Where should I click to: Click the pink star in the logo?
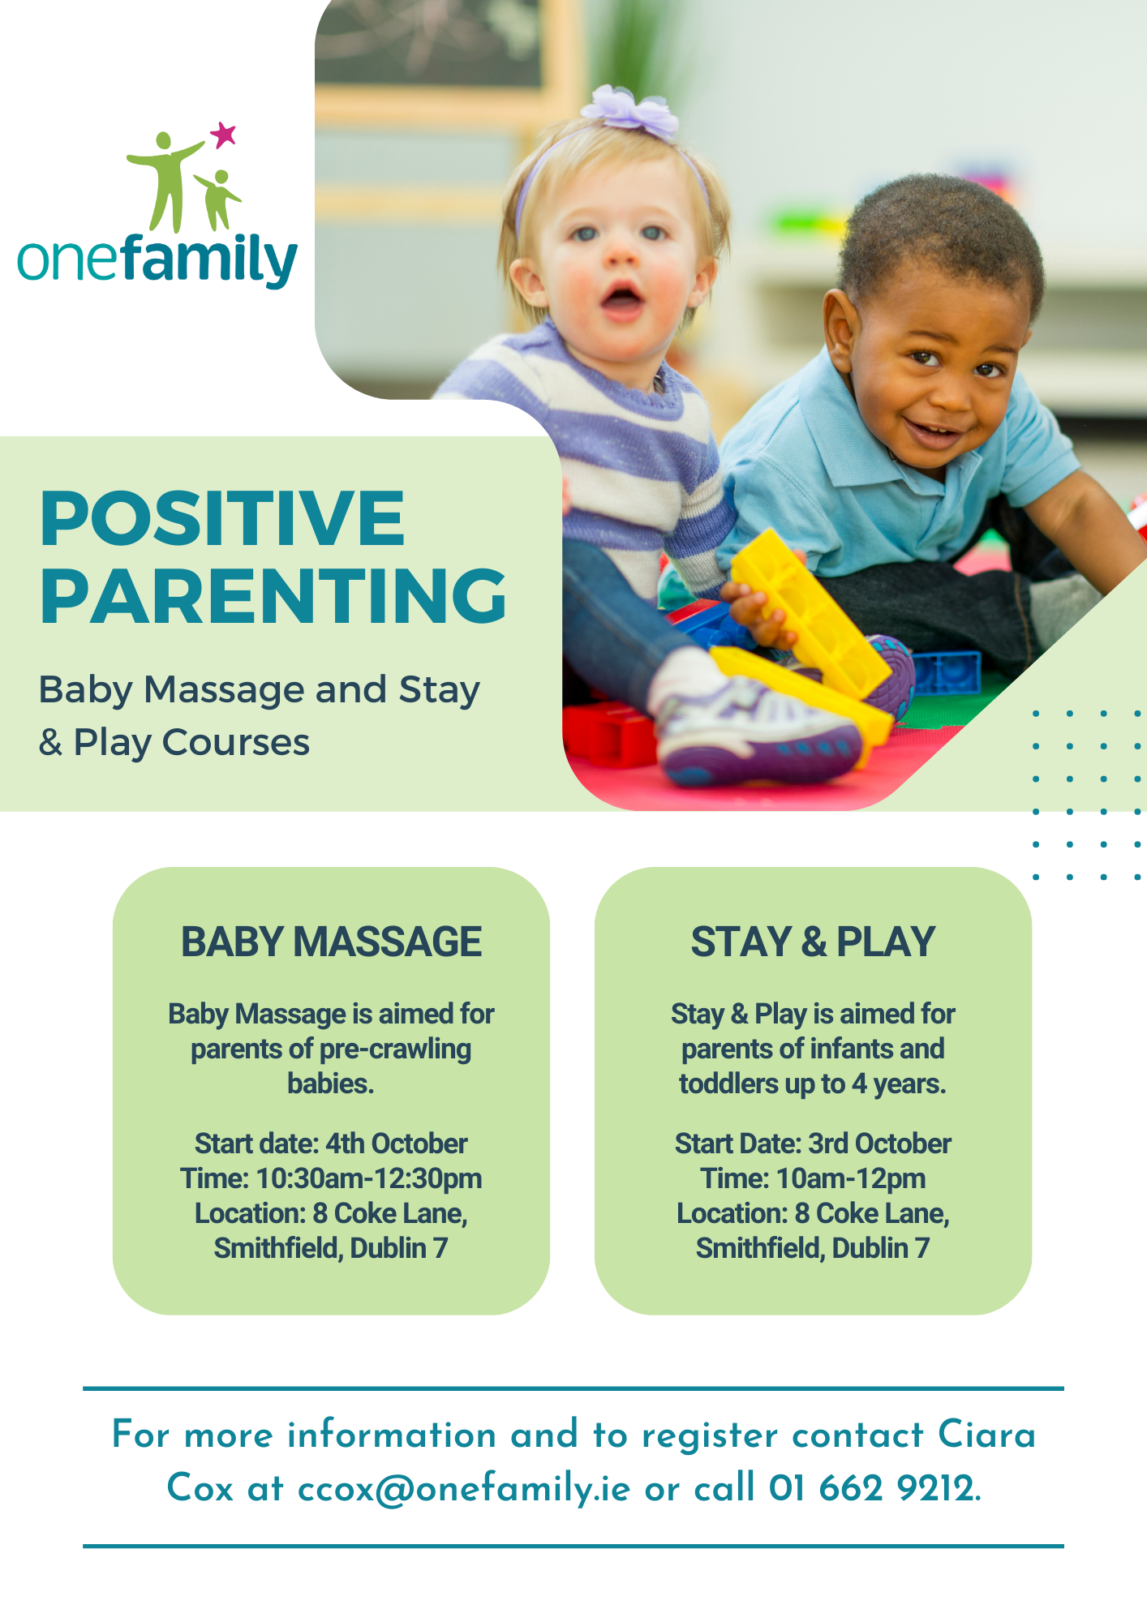pyautogui.click(x=223, y=135)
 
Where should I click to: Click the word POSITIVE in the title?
pyautogui.click(x=222, y=518)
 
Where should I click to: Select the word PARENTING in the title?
pyautogui.click(x=273, y=595)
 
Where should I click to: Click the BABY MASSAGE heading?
pyautogui.click(x=331, y=942)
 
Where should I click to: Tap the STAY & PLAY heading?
pyautogui.click(x=813, y=942)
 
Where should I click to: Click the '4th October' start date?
pyautogui.click(x=397, y=1144)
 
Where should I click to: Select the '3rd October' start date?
pyautogui.click(x=880, y=1144)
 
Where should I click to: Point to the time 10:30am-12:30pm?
pyautogui.click(x=369, y=1178)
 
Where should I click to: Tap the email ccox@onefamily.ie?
pyautogui.click(x=464, y=1488)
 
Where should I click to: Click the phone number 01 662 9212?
pyautogui.click(x=874, y=1488)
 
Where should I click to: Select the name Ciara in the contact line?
pyautogui.click(x=987, y=1435)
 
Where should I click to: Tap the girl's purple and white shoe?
pyautogui.click(x=758, y=730)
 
